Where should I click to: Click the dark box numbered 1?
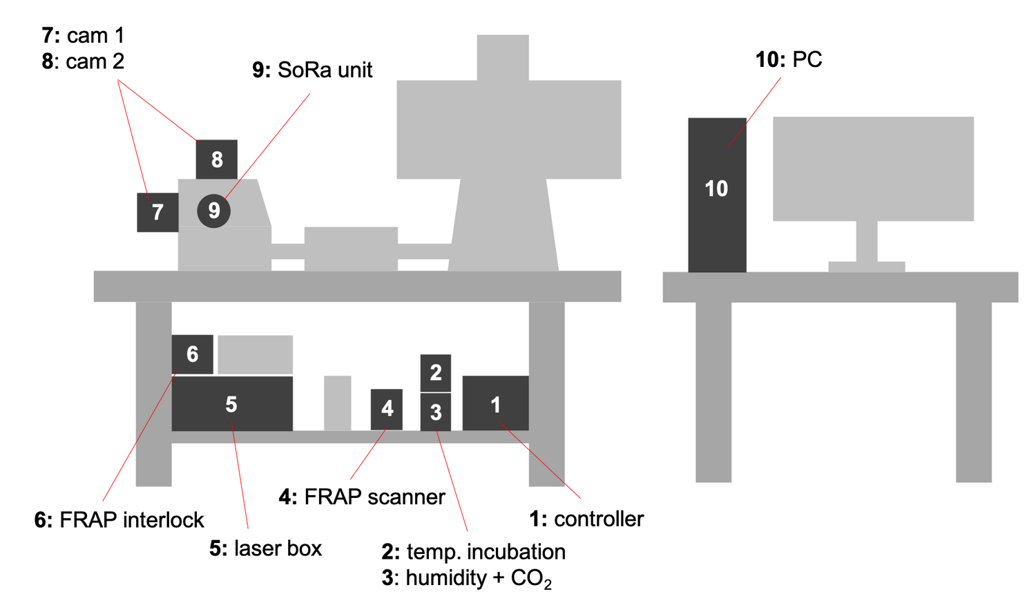click(x=495, y=403)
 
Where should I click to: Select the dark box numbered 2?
click(x=436, y=373)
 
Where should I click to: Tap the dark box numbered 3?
click(x=436, y=412)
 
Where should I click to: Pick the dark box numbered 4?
click(x=387, y=409)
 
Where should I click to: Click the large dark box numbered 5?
click(x=232, y=403)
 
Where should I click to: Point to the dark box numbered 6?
click(x=193, y=354)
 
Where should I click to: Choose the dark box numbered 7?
click(x=157, y=212)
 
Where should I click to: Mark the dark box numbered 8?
click(x=216, y=160)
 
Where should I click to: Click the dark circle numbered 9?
click(x=213, y=211)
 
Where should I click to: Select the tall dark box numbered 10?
click(x=718, y=195)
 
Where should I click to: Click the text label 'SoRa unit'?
click(x=325, y=70)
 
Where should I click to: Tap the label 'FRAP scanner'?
click(x=374, y=497)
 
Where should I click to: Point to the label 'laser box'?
click(x=278, y=548)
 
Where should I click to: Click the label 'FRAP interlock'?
click(x=132, y=519)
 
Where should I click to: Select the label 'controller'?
click(x=599, y=519)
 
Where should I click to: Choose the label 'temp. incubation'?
click(x=486, y=552)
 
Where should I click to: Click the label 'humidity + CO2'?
click(x=479, y=579)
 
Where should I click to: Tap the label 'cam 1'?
click(x=96, y=36)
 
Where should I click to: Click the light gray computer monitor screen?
click(x=873, y=169)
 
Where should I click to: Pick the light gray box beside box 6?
click(x=256, y=354)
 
